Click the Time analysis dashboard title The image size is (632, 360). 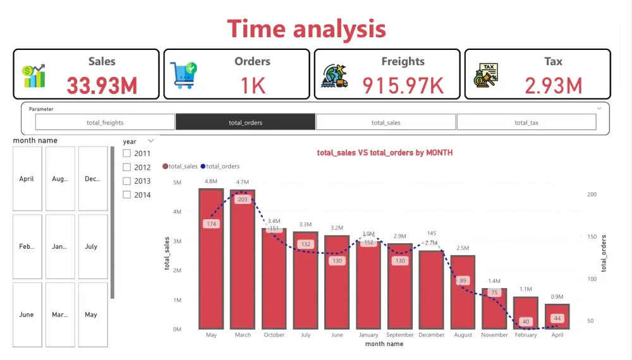307,29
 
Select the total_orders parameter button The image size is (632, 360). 245,123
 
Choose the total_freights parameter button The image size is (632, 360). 105,123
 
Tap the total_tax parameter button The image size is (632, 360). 526,123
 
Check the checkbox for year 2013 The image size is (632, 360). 127,181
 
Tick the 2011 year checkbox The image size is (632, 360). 127,153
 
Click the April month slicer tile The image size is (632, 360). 27,179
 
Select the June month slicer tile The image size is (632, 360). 27,315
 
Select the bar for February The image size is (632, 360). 526,313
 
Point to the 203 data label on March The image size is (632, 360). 243,200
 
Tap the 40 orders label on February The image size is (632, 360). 526,322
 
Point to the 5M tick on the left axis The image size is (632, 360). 177,183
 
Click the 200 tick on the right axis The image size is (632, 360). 592,195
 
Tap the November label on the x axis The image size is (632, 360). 494,335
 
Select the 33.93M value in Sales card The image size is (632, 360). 102,85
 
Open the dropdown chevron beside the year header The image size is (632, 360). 150,141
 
